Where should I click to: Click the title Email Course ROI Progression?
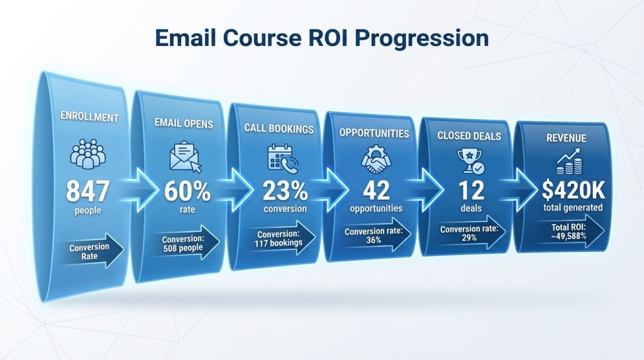[321, 38]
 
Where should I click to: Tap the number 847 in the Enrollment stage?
[87, 191]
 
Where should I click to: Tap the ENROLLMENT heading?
[88, 116]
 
